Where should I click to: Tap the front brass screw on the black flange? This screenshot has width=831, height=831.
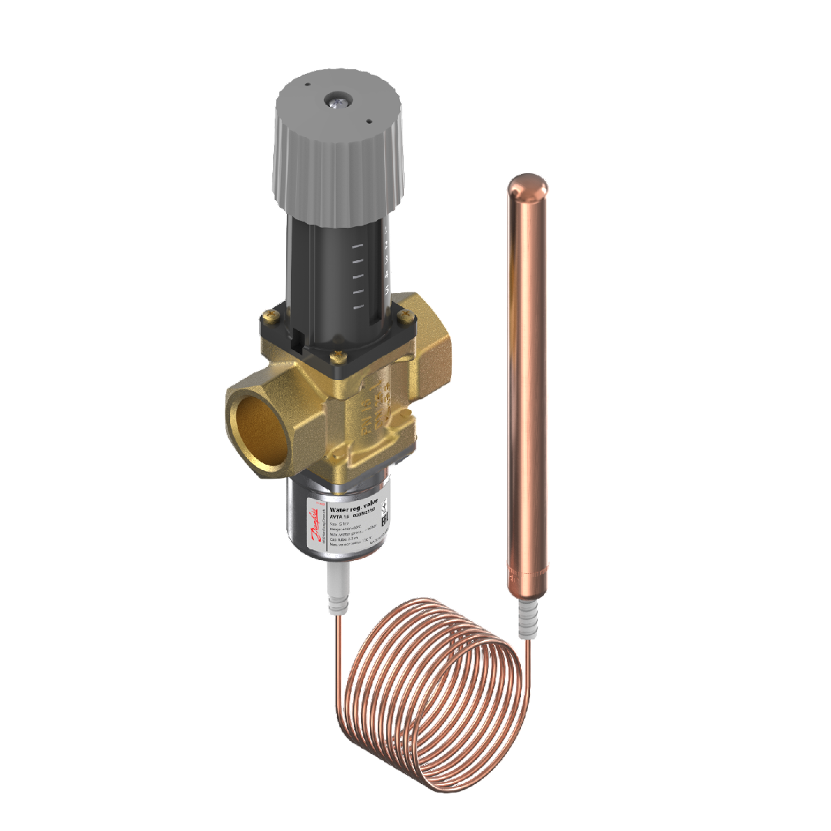point(335,357)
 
